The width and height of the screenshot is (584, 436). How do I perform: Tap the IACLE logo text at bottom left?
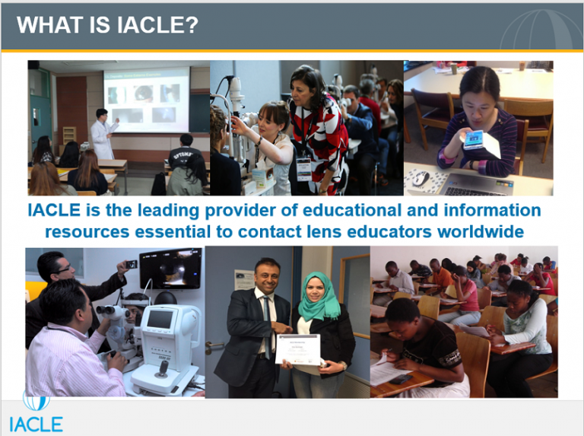click(x=36, y=423)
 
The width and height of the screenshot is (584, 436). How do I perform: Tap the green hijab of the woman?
click(x=319, y=296)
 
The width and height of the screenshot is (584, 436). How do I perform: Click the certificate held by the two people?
click(x=297, y=349)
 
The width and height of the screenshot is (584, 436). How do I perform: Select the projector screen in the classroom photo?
click(x=147, y=98)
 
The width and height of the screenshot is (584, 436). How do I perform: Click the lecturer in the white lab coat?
click(x=102, y=134)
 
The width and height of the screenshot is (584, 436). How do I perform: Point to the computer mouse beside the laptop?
click(x=421, y=178)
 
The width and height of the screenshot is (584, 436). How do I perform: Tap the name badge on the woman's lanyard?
click(x=303, y=168)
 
